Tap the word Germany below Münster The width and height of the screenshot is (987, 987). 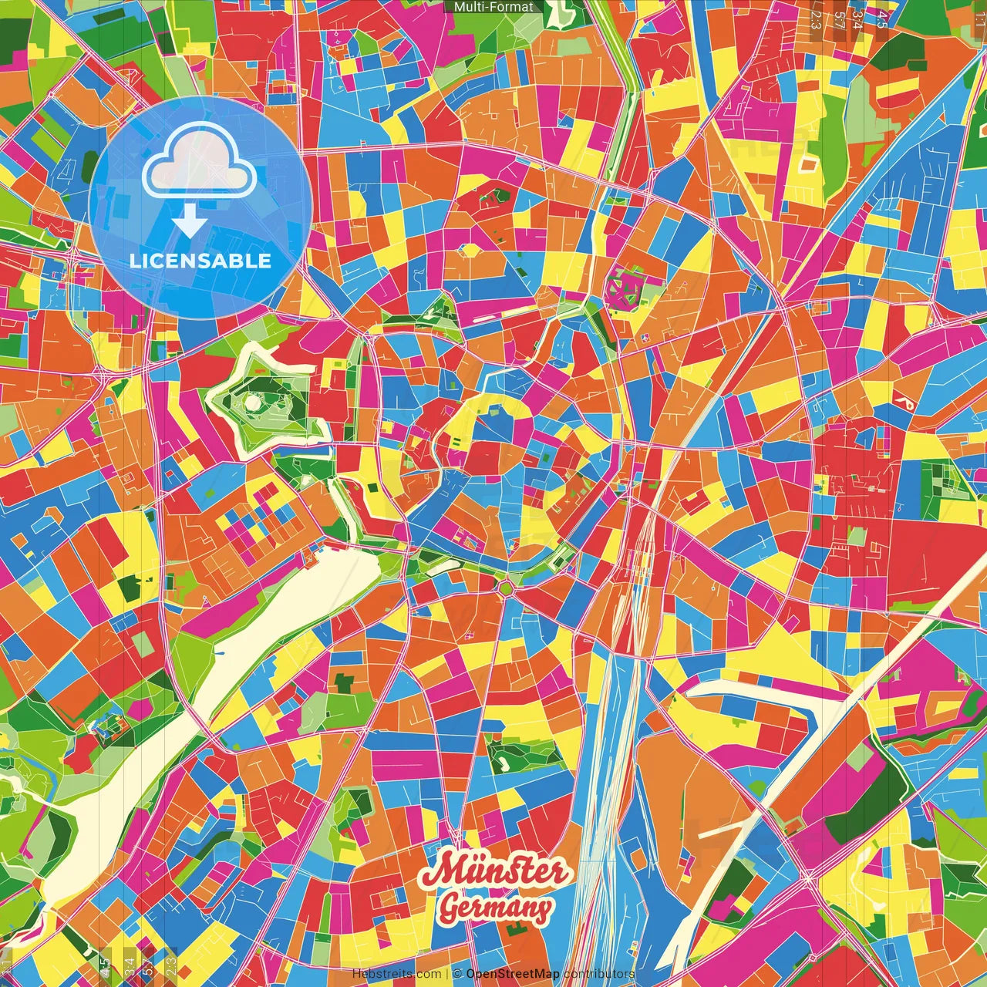tap(495, 908)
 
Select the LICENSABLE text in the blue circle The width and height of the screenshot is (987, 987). tap(200, 261)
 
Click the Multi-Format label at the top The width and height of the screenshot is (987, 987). tap(493, 7)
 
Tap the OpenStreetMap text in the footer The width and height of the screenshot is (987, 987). tap(512, 974)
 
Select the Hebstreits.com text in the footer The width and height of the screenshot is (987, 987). tap(396, 974)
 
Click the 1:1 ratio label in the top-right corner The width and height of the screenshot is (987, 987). tap(979, 15)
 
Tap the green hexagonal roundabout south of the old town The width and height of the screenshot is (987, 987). tap(506, 589)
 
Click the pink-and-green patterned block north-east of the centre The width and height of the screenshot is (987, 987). tap(622, 288)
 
